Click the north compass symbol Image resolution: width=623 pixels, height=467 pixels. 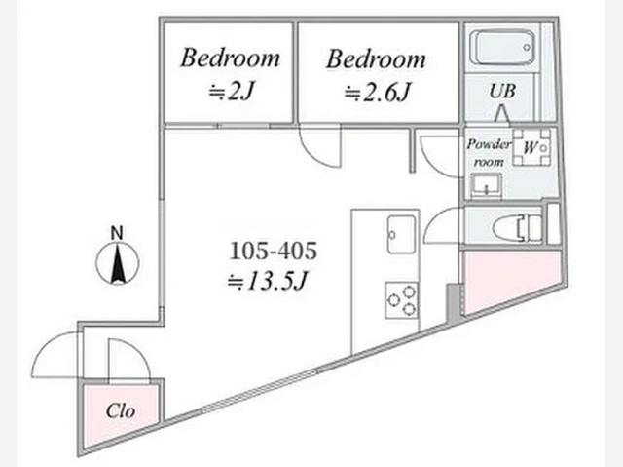(118, 264)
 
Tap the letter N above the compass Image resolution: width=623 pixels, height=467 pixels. (117, 233)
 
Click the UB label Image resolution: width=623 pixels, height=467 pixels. (502, 92)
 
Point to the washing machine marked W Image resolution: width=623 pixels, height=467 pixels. (531, 147)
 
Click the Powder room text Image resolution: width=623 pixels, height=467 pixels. (489, 153)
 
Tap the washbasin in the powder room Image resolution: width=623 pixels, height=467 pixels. (486, 185)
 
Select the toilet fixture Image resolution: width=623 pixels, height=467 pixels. (517, 228)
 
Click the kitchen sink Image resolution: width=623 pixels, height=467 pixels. (402, 234)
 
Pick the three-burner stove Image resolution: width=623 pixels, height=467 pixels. (402, 300)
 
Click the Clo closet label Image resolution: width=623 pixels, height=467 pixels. (121, 411)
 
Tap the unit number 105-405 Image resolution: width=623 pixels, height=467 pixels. (274, 252)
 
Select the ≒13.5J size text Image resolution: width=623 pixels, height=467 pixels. (267, 282)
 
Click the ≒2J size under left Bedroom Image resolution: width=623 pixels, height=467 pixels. (232, 93)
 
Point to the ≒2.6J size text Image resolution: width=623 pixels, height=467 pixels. (377, 93)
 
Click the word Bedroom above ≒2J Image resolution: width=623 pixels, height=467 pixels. (231, 58)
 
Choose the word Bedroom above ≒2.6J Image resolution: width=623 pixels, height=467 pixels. (377, 59)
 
